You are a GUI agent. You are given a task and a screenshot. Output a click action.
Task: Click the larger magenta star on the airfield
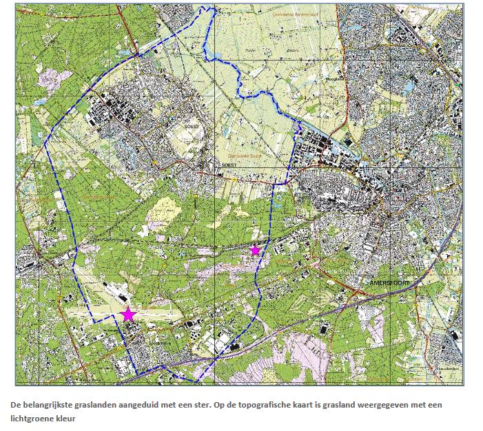[128, 315]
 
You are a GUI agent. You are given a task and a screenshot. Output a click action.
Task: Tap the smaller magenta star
[255, 250]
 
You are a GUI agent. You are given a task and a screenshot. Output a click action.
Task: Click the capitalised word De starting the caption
[14, 405]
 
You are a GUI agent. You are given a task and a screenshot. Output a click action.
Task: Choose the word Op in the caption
[214, 405]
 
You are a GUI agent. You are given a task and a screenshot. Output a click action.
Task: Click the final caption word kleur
[68, 417]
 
